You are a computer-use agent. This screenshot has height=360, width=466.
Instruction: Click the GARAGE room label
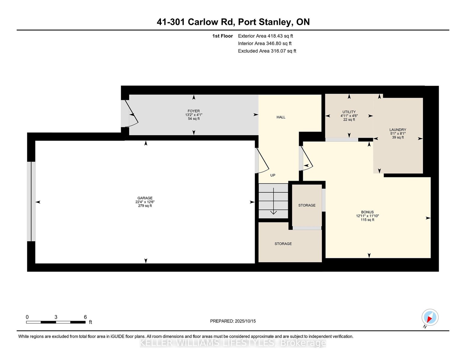[x=145, y=198]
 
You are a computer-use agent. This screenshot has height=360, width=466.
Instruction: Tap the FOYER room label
[x=194, y=111]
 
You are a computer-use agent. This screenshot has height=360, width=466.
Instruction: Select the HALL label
[x=281, y=117]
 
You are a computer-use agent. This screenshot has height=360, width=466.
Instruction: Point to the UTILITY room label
[x=349, y=112]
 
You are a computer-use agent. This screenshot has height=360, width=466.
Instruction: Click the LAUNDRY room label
[x=398, y=130]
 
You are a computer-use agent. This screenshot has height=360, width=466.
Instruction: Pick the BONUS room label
[x=367, y=212]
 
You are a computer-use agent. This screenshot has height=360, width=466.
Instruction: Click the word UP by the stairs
[x=273, y=175]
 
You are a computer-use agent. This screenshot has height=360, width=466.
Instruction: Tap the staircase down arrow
[x=274, y=201]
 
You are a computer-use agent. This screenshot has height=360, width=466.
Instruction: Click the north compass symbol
[x=430, y=317]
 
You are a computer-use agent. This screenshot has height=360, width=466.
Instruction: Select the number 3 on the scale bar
[x=56, y=317]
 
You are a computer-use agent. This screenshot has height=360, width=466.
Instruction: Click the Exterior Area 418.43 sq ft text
[x=265, y=36]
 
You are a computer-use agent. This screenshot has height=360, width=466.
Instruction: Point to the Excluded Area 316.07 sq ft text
[x=267, y=51]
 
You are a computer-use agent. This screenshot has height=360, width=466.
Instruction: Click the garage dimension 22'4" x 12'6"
[x=145, y=202]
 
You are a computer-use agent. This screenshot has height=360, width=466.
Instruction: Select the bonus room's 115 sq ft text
[x=367, y=220]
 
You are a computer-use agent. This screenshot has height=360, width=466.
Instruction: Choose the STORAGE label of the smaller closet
[x=307, y=205]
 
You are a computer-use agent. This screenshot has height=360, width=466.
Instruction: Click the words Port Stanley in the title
[x=265, y=22]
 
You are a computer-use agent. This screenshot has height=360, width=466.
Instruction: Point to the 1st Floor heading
[x=222, y=36]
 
